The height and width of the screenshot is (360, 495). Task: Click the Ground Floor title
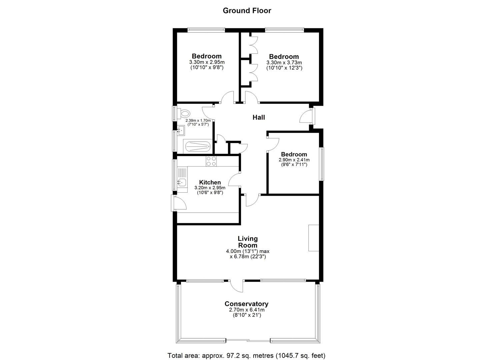[x=247, y=10]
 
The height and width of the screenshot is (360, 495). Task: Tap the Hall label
[x=259, y=117]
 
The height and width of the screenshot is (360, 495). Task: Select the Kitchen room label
[x=210, y=182]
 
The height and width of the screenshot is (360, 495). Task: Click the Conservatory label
[x=246, y=304]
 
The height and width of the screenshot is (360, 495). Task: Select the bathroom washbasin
[x=181, y=130]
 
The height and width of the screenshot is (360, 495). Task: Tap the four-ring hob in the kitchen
[x=211, y=161]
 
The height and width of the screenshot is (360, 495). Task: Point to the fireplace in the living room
[x=313, y=238]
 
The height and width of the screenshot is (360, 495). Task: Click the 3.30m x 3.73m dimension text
[x=284, y=63]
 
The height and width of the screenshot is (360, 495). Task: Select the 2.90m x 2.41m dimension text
[x=294, y=160]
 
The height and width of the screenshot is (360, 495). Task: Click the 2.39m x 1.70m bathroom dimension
[x=198, y=120]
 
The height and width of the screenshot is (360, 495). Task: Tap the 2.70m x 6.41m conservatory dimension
[x=247, y=310]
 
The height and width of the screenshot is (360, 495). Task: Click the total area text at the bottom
[x=246, y=355]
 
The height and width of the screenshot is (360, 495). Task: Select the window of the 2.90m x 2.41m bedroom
[x=322, y=164]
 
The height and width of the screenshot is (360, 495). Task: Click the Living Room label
[x=247, y=242]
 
